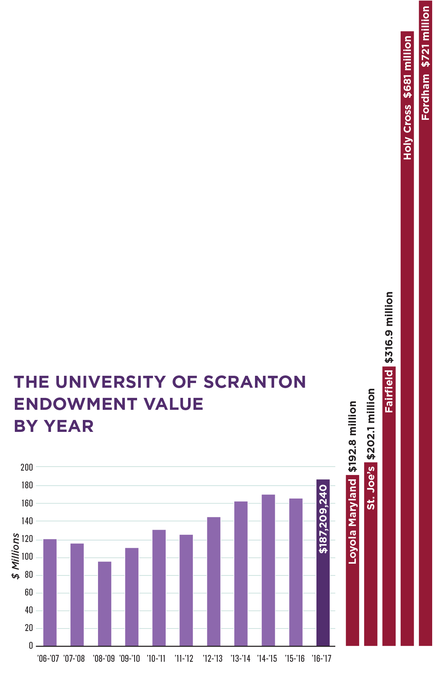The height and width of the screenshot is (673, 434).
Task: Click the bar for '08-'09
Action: [x=105, y=604]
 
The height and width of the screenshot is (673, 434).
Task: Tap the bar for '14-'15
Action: [x=268, y=570]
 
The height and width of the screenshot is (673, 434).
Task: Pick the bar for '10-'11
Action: [x=159, y=588]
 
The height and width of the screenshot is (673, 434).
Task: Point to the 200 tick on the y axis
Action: [x=27, y=467]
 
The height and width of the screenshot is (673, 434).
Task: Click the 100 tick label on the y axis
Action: [x=27, y=557]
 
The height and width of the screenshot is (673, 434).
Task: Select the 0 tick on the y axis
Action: [x=31, y=645]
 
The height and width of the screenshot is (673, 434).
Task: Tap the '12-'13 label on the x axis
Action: [x=213, y=659]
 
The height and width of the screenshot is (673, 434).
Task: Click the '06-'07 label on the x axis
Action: [x=48, y=659]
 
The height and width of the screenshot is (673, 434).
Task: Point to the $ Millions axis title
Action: [x=16, y=556]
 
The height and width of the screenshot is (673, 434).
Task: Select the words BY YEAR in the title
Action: [x=54, y=426]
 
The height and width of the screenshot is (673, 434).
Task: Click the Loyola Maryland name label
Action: [x=352, y=521]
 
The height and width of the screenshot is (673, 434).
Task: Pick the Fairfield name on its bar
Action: [x=389, y=391]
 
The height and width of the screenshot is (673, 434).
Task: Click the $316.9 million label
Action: [x=389, y=327]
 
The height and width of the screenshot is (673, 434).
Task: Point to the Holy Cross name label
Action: [x=408, y=132]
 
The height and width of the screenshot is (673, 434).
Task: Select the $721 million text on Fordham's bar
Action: [x=426, y=37]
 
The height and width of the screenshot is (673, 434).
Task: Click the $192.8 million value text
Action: [x=352, y=437]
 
